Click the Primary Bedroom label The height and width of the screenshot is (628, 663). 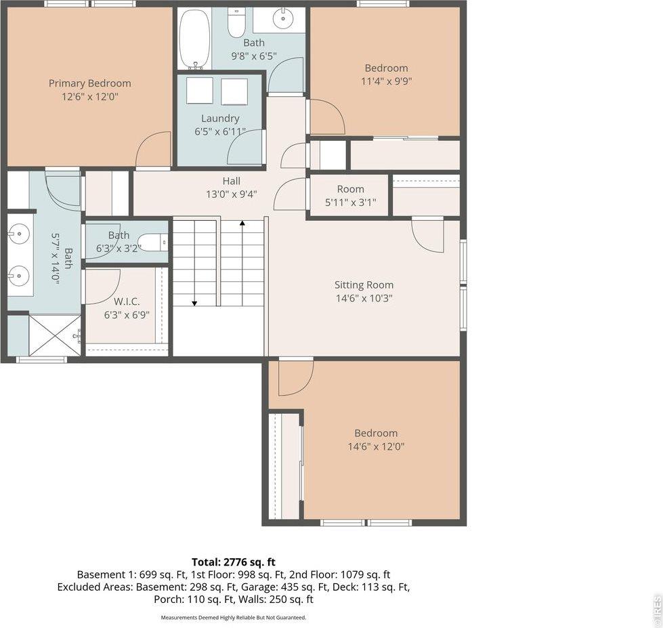click(89, 83)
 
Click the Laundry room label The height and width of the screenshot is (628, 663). click(220, 119)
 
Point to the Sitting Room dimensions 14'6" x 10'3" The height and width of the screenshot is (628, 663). click(364, 298)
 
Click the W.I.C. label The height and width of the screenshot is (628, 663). click(127, 301)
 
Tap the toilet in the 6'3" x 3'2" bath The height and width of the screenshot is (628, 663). click(153, 242)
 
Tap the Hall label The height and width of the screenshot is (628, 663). click(232, 181)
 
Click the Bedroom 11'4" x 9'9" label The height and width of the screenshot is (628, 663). click(386, 68)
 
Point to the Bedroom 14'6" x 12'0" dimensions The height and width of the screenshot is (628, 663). click(376, 447)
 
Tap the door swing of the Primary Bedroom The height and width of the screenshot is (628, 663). click(154, 150)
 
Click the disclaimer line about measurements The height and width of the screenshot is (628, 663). click(234, 617)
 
